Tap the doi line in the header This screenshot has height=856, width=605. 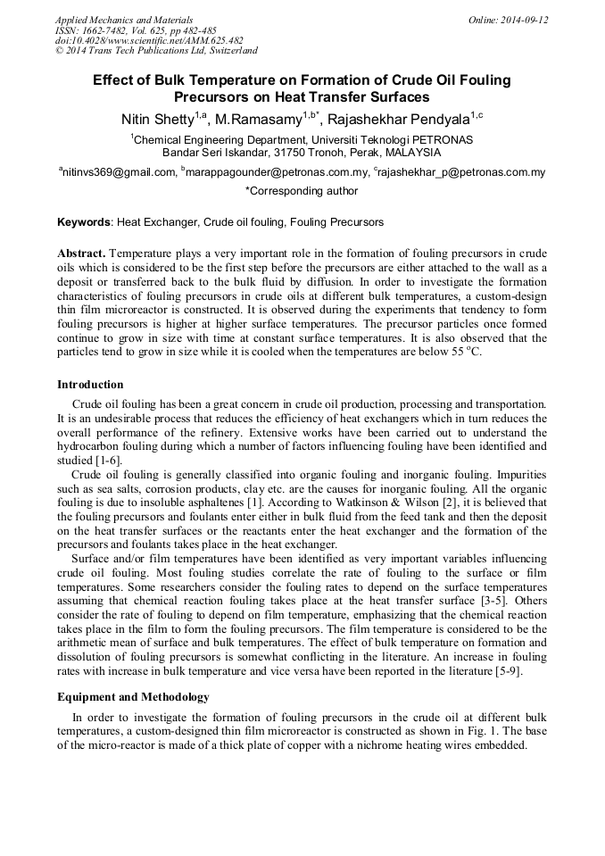click(x=149, y=41)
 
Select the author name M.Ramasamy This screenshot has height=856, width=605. click(x=259, y=120)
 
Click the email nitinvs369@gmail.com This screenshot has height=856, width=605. click(x=119, y=173)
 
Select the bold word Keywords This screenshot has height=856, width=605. click(x=84, y=222)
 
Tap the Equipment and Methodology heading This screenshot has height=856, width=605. click(x=133, y=696)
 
